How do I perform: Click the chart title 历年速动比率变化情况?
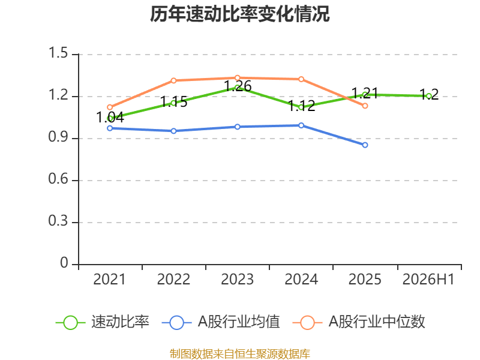[x=239, y=14]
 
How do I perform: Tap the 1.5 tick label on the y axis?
[x=58, y=53]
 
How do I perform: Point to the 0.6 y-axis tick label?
[x=58, y=179]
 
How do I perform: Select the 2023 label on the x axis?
[x=237, y=279]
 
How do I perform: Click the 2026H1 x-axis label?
[x=428, y=279]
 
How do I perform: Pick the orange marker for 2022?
[x=173, y=80]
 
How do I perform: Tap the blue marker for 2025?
[x=365, y=145]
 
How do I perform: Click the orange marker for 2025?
[x=365, y=106]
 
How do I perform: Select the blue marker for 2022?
[x=173, y=131]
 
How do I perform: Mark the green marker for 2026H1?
[x=429, y=96]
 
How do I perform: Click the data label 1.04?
[x=110, y=117]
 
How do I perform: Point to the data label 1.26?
[x=238, y=86]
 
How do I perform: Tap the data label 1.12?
[x=302, y=106]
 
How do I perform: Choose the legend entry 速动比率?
[x=103, y=322]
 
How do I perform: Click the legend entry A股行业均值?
[x=221, y=322]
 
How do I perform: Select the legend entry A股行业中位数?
[x=359, y=322]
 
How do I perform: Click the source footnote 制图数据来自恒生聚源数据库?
[x=240, y=354]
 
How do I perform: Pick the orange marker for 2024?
[x=301, y=79]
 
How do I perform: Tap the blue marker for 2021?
[x=110, y=128]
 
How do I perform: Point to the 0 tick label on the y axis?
[x=64, y=263]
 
